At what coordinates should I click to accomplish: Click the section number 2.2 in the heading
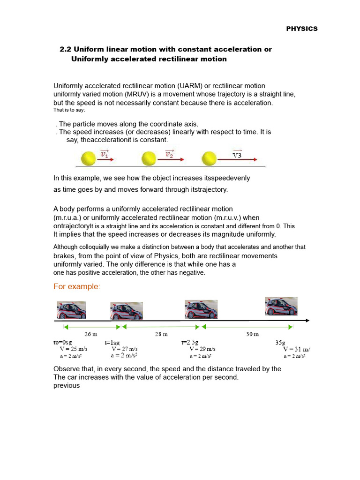tap(66, 49)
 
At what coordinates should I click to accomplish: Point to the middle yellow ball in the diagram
tap(149, 158)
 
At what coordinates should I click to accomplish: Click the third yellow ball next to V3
tap(209, 158)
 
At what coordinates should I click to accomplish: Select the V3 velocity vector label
tap(237, 154)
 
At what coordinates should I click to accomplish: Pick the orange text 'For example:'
tap(77, 286)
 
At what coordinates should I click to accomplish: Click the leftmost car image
tap(71, 310)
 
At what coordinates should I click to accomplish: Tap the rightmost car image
tap(281, 306)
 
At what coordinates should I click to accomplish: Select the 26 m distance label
tap(90, 334)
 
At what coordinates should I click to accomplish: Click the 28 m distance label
tap(161, 334)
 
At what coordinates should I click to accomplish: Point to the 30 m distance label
tap(252, 334)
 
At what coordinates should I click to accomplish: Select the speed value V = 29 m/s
tap(202, 349)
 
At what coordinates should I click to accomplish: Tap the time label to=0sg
tap(63, 343)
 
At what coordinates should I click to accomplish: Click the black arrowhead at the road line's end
tap(307, 321)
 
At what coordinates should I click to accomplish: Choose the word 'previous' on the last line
tap(67, 386)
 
